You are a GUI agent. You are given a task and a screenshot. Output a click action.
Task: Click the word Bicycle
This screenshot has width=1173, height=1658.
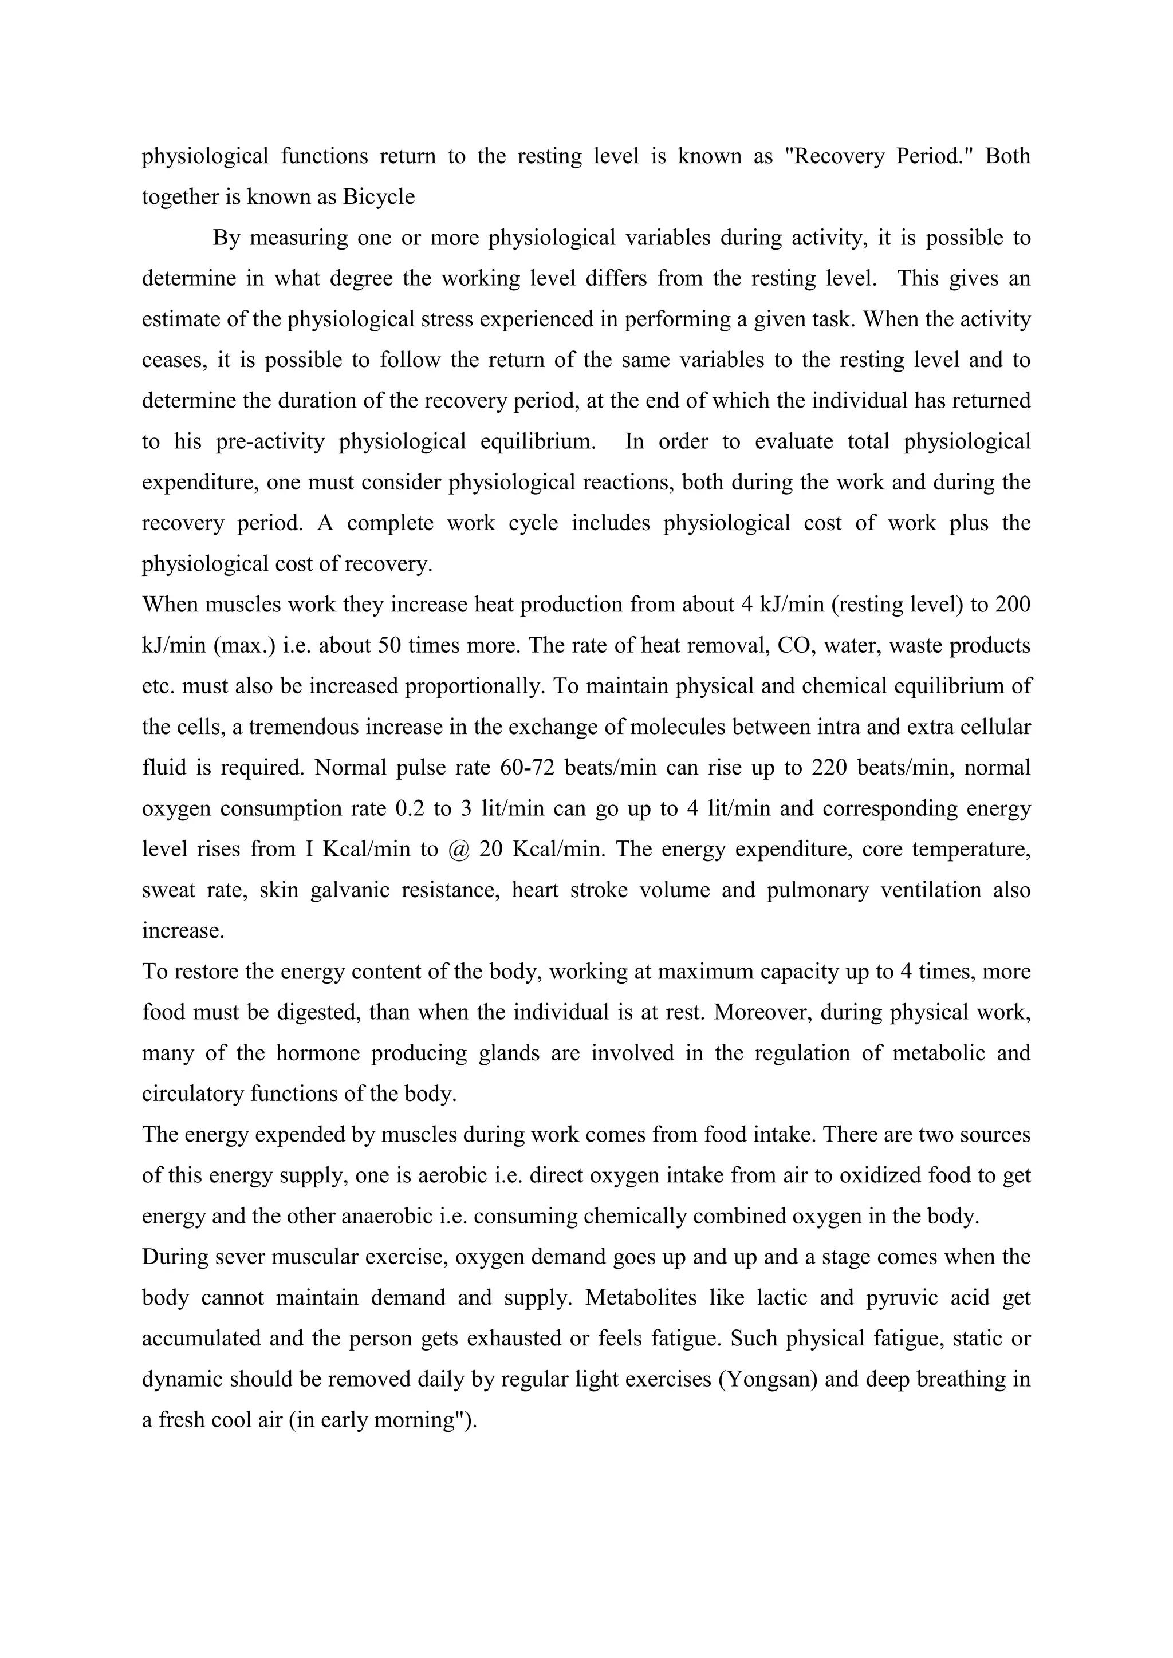[x=379, y=197]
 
